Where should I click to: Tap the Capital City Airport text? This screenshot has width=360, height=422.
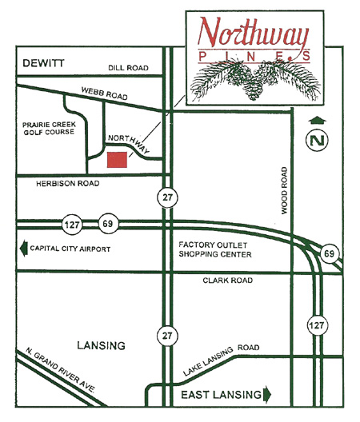point(70,249)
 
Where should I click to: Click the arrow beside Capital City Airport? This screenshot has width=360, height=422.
point(23,249)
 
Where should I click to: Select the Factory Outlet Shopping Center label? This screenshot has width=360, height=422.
point(215,249)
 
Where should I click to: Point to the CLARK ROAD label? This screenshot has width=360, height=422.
point(228,281)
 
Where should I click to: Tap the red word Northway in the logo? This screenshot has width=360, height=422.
point(254,33)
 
